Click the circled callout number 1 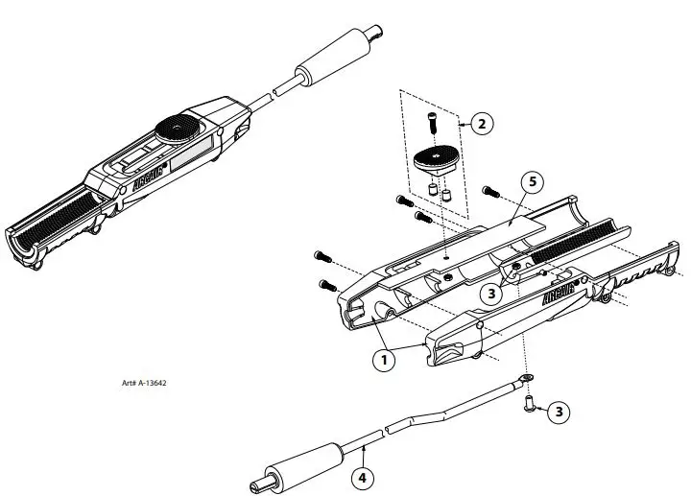[383, 361]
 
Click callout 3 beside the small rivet [561, 412]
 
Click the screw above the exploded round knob [432, 121]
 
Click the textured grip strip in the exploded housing [577, 244]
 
